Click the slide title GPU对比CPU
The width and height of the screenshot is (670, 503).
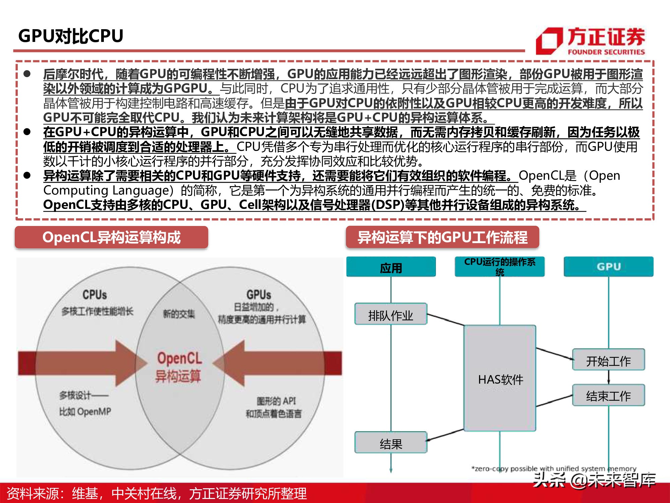coord(71,36)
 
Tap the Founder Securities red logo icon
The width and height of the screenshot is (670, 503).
coord(549,41)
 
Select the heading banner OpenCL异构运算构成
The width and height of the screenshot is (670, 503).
coord(111,237)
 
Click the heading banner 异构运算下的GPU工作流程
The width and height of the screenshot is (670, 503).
coord(442,237)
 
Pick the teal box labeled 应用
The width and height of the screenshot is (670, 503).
coord(391,267)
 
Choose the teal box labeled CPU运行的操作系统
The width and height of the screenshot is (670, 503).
coord(499,267)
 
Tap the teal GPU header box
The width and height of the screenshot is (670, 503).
coord(608,267)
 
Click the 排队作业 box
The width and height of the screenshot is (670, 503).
coord(391,314)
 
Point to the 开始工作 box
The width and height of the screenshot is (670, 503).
coord(608,360)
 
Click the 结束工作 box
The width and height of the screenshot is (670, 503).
coord(608,396)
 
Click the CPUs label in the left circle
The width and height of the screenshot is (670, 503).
coord(95,295)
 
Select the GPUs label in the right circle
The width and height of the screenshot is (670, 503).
coord(259,295)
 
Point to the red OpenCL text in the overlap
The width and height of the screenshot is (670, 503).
coord(180,358)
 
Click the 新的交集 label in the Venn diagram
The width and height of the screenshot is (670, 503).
coord(179,314)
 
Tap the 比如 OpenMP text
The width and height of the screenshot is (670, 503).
coord(85,411)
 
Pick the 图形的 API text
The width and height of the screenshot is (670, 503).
coord(276,401)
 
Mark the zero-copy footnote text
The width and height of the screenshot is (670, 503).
coord(553,468)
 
